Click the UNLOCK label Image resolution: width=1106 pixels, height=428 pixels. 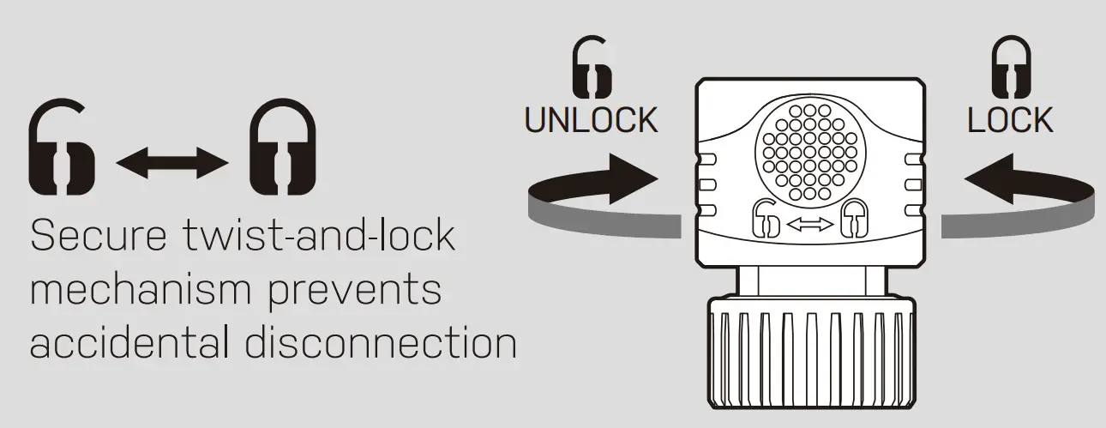click(x=591, y=121)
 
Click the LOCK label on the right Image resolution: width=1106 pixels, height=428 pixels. click(x=1010, y=121)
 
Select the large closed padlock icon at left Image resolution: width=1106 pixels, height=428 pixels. click(x=282, y=148)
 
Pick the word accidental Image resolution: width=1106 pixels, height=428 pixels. click(x=126, y=342)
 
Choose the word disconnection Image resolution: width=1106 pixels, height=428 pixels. click(x=381, y=342)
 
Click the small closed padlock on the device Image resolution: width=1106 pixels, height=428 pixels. click(x=852, y=220)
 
